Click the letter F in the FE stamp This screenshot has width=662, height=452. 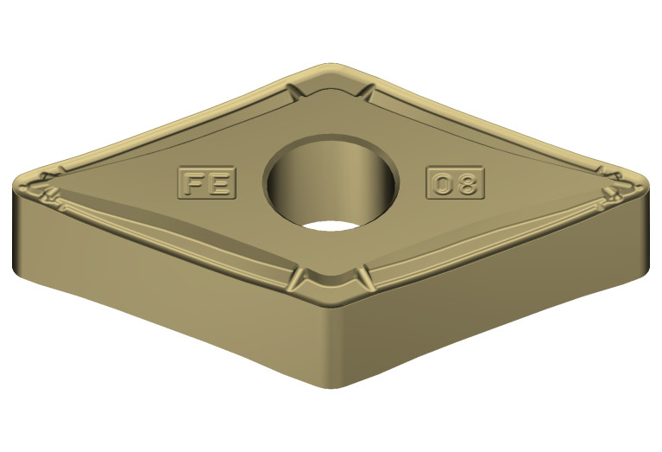(x=194, y=183)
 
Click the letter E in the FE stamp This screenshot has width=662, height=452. (x=219, y=183)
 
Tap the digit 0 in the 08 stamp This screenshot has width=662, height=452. (x=443, y=183)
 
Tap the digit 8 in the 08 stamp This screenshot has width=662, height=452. (x=466, y=183)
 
